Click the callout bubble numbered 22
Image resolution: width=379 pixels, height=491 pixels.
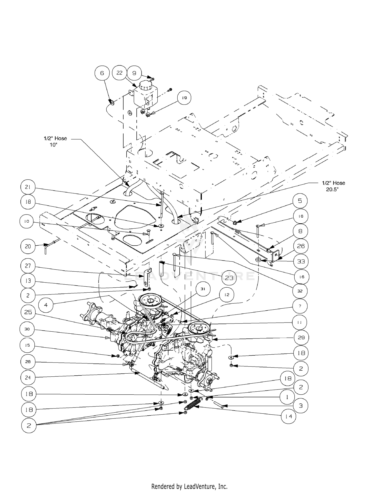(x=119, y=73)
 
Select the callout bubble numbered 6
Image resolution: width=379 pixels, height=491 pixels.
(x=102, y=73)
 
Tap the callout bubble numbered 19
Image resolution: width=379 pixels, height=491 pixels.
(x=184, y=98)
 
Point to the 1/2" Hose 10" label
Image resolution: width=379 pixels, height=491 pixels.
(x=55, y=141)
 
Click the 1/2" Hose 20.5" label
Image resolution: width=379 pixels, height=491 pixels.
(x=333, y=186)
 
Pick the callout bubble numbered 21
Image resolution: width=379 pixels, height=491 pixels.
(x=28, y=187)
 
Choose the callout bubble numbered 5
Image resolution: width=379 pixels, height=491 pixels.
(x=300, y=201)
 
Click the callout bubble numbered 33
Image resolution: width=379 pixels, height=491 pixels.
(x=301, y=261)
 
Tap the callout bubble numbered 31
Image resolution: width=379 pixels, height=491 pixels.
(x=203, y=289)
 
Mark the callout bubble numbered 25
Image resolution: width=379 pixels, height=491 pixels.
(x=28, y=312)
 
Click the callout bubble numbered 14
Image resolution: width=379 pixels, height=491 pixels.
(x=288, y=416)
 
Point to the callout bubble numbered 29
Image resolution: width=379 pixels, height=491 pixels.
(x=301, y=337)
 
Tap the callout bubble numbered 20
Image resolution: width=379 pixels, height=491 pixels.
(x=28, y=246)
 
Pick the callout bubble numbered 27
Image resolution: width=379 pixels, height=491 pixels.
(x=28, y=266)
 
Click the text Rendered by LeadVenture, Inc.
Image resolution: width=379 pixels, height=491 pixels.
(x=189, y=486)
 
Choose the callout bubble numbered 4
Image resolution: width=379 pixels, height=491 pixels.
(x=46, y=305)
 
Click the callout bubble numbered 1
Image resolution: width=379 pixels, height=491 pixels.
(x=287, y=397)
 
